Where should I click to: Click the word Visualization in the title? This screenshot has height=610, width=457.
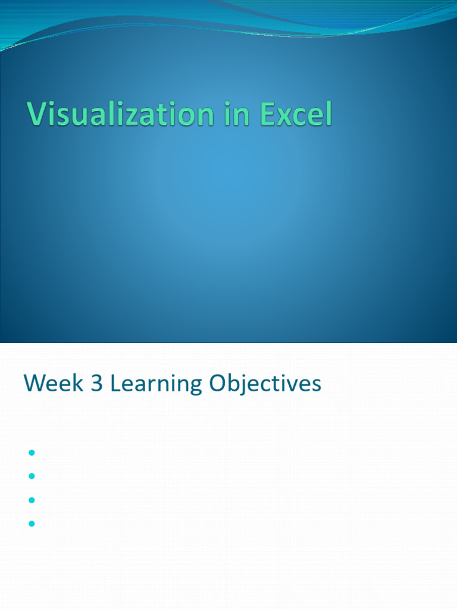click(x=120, y=114)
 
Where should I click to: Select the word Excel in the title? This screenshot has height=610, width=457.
click(x=296, y=114)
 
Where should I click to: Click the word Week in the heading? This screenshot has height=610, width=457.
click(x=54, y=383)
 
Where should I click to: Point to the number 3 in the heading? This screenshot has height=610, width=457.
click(x=97, y=383)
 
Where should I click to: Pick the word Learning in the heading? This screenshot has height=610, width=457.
click(x=156, y=384)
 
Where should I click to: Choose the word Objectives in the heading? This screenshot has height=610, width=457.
click(x=265, y=384)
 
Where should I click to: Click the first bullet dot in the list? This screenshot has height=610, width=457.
click(x=32, y=453)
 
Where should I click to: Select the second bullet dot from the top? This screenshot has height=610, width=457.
click(x=32, y=476)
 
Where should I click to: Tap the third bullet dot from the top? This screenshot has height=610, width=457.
click(x=32, y=500)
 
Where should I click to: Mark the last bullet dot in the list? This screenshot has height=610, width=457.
click(x=32, y=524)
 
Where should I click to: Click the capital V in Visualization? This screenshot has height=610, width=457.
click(x=37, y=114)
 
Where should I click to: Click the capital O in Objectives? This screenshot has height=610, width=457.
click(x=218, y=383)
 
